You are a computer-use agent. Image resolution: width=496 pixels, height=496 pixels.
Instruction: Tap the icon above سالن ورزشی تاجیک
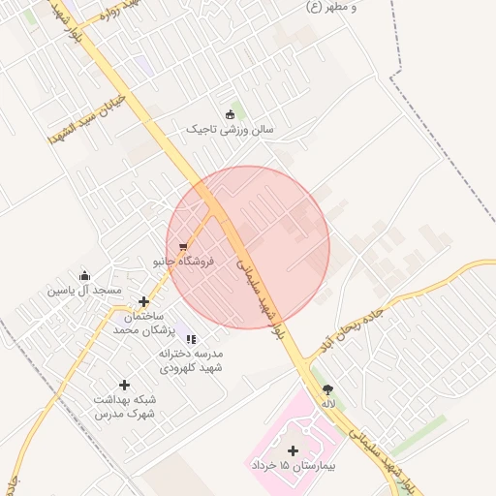[x=230, y=114]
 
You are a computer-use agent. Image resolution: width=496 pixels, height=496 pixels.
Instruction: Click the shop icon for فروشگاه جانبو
[x=184, y=247]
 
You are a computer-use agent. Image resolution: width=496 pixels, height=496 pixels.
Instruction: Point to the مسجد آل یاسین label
[x=85, y=290]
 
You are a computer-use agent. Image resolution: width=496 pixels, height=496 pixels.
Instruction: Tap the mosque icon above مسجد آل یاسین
[x=85, y=275]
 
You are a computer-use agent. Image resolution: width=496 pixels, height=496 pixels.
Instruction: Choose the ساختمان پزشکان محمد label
[x=140, y=324]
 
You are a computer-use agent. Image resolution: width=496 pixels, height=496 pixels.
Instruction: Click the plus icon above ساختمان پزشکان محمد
[x=143, y=302]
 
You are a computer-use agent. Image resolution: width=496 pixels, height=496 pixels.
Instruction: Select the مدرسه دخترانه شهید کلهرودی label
[x=191, y=361]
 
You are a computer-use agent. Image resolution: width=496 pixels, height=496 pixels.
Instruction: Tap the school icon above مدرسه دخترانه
[x=191, y=339]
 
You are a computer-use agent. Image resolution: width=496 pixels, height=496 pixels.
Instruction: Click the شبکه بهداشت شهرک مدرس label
[x=124, y=407]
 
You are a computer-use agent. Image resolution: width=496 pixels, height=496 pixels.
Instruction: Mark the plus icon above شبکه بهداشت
[x=124, y=386]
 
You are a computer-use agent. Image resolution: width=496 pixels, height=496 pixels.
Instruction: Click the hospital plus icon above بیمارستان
[x=294, y=450]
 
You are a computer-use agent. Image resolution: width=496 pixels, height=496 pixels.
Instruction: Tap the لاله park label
[x=328, y=403]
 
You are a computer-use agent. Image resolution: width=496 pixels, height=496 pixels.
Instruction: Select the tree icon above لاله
[x=328, y=388]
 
